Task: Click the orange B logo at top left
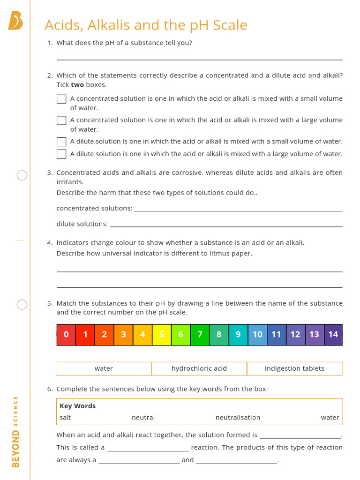click(15, 21)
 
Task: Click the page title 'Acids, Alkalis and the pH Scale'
click(146, 25)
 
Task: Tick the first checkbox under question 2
click(61, 99)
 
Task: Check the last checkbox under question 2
click(61, 154)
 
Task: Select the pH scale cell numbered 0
click(66, 335)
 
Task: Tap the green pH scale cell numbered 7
click(200, 335)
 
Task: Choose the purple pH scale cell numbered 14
click(333, 335)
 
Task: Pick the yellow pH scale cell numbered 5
click(162, 335)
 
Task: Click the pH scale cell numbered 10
click(257, 335)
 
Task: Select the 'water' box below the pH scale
click(104, 368)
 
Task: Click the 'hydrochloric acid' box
click(199, 368)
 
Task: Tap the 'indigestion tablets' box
click(294, 368)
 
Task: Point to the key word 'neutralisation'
click(238, 417)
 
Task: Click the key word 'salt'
click(66, 417)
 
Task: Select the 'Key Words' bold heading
click(77, 406)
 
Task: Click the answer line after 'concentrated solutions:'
click(238, 210)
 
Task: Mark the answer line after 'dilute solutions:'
click(226, 226)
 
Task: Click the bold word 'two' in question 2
click(77, 85)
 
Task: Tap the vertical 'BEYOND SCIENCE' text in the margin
click(16, 431)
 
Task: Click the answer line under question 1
click(199, 59)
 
